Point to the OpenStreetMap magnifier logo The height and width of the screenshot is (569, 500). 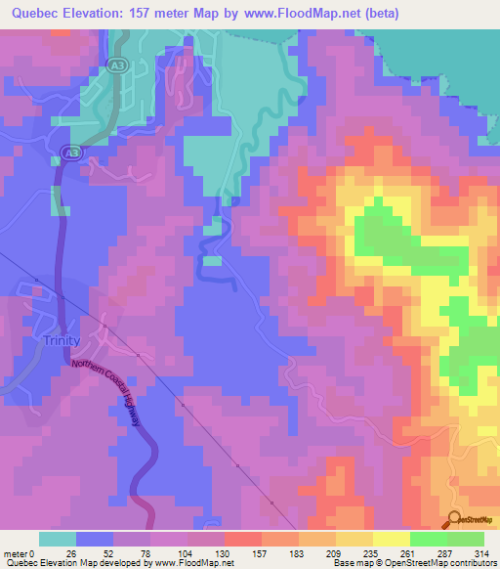click(x=456, y=521)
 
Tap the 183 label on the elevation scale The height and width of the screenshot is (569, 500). click(x=299, y=553)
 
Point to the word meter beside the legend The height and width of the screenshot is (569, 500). click(x=17, y=553)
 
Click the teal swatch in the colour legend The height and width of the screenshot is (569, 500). click(x=58, y=539)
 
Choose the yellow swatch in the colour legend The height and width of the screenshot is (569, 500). click(x=391, y=539)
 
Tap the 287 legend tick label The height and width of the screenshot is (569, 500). click(x=447, y=553)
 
